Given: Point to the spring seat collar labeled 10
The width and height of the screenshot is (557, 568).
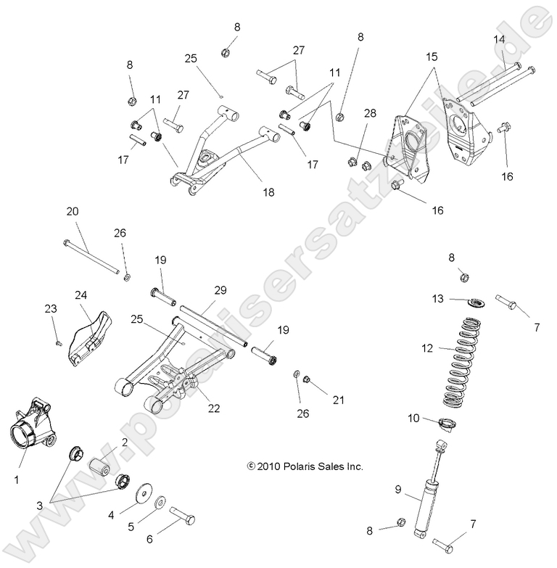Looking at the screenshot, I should [x=451, y=424].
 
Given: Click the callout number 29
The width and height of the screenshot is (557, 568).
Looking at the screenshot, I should [x=220, y=290].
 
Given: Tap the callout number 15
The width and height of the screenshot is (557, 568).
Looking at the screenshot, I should [x=432, y=56].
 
